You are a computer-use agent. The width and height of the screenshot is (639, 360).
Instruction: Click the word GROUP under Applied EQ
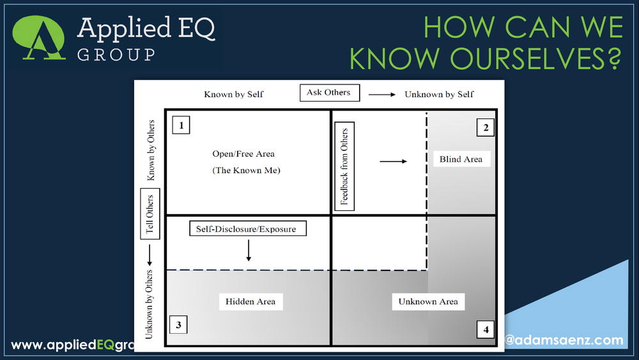pyautogui.click(x=116, y=54)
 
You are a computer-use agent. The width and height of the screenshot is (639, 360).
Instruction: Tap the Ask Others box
pyautogui.click(x=329, y=93)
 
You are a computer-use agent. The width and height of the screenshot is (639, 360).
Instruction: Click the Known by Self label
pyautogui.click(x=233, y=95)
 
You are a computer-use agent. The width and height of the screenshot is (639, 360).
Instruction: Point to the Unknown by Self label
pyautogui.click(x=439, y=95)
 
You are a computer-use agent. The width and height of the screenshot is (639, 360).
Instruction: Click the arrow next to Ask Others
pyautogui.click(x=381, y=95)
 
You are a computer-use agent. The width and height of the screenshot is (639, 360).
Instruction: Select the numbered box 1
pyautogui.click(x=181, y=125)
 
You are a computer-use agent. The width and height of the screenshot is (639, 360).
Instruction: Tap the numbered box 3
pyautogui.click(x=178, y=325)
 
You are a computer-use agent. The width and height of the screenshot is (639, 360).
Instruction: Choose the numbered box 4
pyautogui.click(x=486, y=330)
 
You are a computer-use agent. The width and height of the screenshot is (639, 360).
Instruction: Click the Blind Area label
pyautogui.click(x=461, y=159)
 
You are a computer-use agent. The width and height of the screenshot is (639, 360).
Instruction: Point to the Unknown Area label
pyautogui.click(x=427, y=302)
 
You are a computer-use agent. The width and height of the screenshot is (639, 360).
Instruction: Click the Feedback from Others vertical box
pyautogui.click(x=344, y=166)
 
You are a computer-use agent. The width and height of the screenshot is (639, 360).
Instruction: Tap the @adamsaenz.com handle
pyautogui.click(x=563, y=340)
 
